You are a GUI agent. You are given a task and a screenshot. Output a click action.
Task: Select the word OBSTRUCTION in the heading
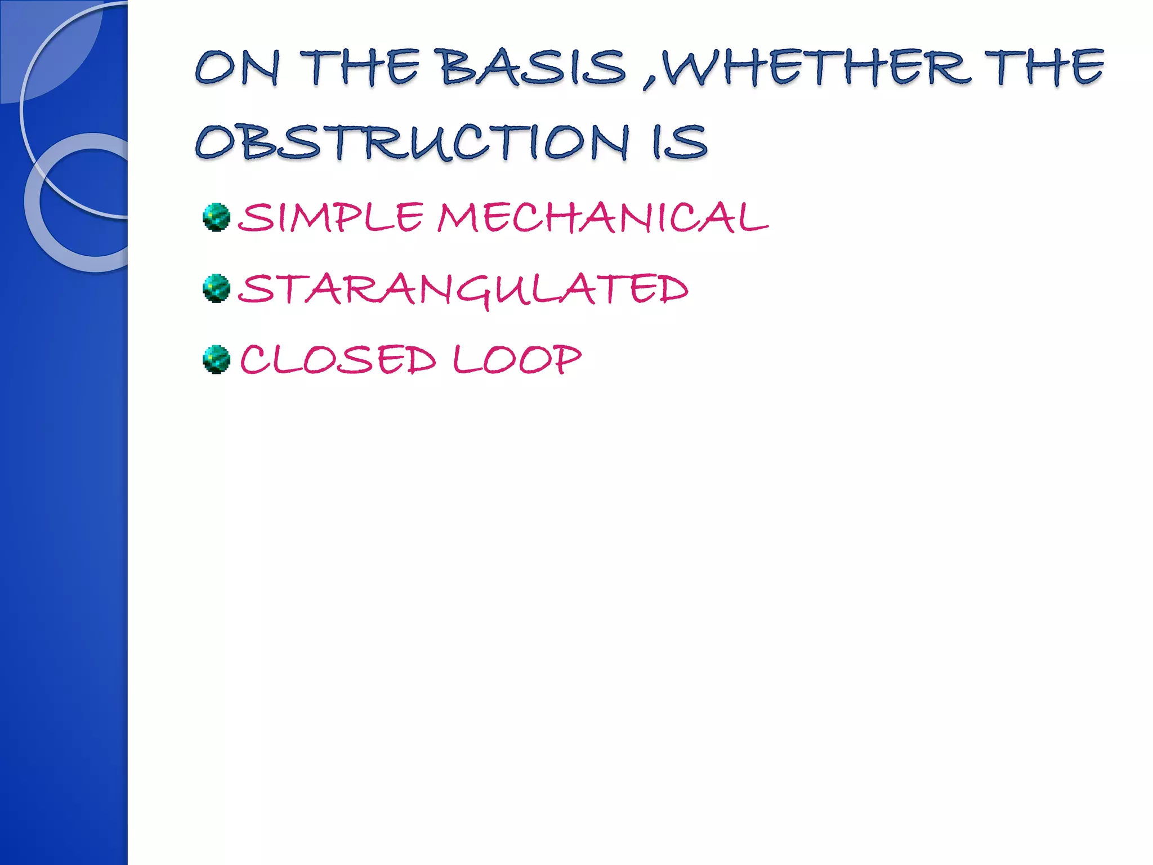(412, 142)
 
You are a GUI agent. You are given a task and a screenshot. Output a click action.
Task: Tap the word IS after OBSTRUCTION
(679, 142)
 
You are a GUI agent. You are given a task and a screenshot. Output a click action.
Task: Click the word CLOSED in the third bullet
(338, 360)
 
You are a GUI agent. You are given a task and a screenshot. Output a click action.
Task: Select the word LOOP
(517, 360)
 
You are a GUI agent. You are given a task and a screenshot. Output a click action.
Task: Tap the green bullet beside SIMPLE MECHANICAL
(217, 217)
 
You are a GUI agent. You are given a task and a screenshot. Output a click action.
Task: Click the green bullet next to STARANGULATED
(217, 289)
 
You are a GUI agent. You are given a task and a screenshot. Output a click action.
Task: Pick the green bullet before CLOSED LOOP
(217, 360)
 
